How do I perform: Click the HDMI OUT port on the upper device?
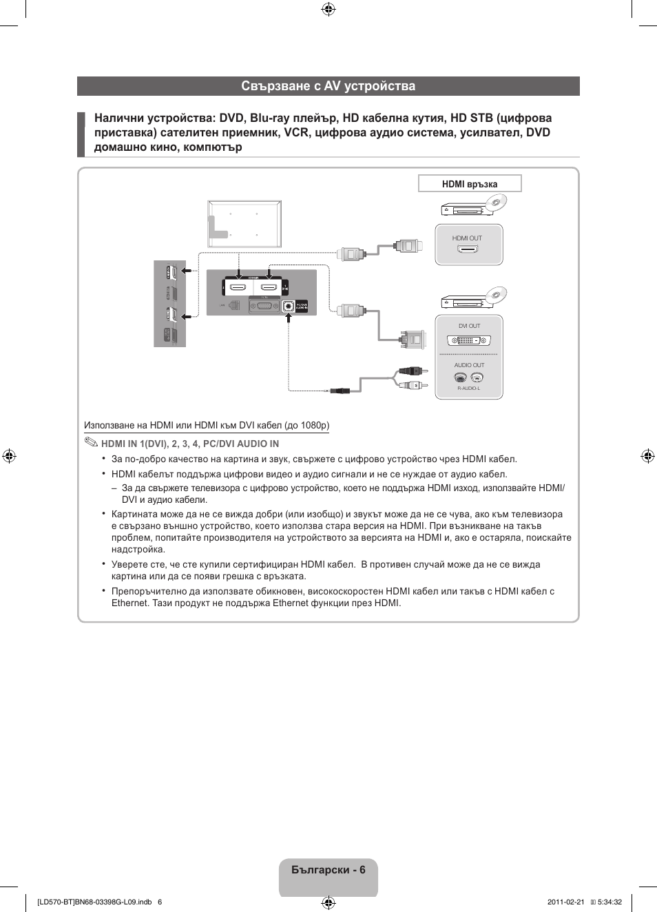click(468, 249)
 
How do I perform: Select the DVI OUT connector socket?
click(469, 340)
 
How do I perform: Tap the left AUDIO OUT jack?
click(461, 377)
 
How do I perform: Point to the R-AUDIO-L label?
click(469, 388)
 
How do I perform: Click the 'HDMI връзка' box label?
click(470, 184)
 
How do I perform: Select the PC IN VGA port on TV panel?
click(263, 305)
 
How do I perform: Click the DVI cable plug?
click(413, 338)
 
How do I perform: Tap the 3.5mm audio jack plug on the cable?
click(339, 391)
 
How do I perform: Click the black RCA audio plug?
click(410, 371)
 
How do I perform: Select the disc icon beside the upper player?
click(497, 202)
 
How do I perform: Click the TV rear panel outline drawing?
click(244, 223)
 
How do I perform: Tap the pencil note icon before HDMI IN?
click(92, 442)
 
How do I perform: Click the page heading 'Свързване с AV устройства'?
click(328, 86)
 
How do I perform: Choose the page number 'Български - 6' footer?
click(328, 870)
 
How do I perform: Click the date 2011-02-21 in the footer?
click(565, 902)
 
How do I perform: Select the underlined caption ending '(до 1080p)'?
click(207, 426)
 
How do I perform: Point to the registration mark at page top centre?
click(328, 9)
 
